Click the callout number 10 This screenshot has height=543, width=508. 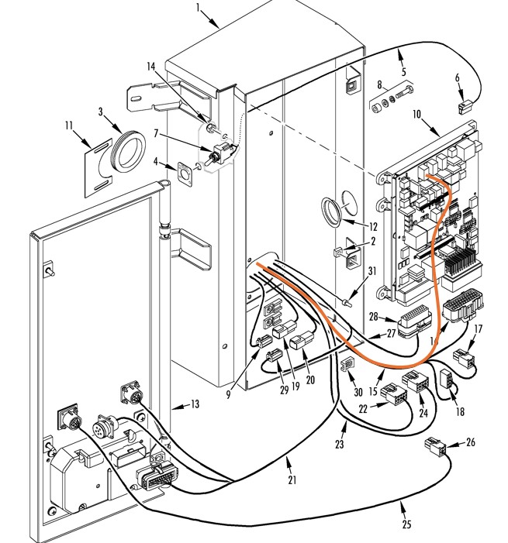click(x=416, y=115)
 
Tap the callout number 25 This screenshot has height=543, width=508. click(x=406, y=524)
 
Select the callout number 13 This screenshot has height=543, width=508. click(x=195, y=404)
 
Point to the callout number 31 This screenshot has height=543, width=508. click(x=372, y=271)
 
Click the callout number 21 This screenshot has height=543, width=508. click(x=292, y=479)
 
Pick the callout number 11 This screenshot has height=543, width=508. click(x=69, y=125)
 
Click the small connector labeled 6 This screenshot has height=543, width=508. click(x=464, y=108)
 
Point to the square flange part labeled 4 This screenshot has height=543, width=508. click(x=185, y=174)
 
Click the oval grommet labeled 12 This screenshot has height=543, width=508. click(x=331, y=212)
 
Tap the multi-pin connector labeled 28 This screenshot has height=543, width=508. click(x=414, y=321)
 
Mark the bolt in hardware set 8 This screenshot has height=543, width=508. click(x=404, y=92)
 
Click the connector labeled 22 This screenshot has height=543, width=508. click(x=393, y=394)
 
